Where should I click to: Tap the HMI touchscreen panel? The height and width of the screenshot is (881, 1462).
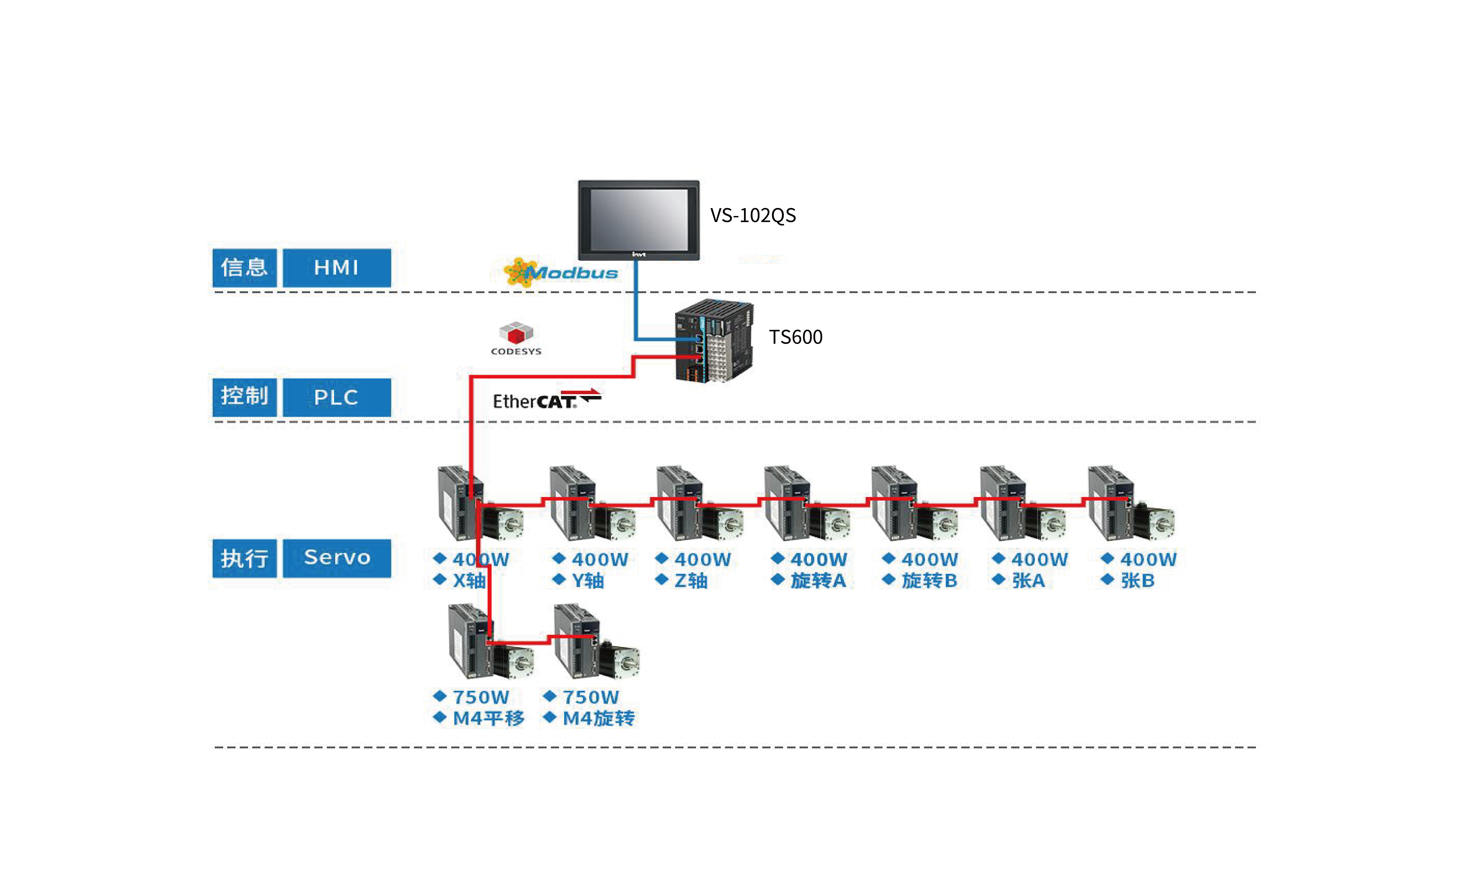[639, 220]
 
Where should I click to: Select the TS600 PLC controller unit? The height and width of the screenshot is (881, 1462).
[714, 341]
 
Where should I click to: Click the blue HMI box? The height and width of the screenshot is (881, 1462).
[336, 268]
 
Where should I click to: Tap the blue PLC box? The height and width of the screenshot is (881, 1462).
[336, 397]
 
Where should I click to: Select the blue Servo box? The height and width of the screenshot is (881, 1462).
[336, 558]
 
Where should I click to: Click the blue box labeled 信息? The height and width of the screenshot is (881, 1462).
[245, 268]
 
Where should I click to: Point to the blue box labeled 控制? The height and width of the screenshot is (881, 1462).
[245, 397]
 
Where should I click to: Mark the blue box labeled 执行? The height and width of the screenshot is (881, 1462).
[245, 558]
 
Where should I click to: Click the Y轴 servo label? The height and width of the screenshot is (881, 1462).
[587, 580]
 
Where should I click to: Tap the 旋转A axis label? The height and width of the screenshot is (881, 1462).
[818, 580]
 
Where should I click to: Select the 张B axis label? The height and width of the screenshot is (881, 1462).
[1137, 580]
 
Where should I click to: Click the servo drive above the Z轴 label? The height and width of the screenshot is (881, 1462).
[680, 503]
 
